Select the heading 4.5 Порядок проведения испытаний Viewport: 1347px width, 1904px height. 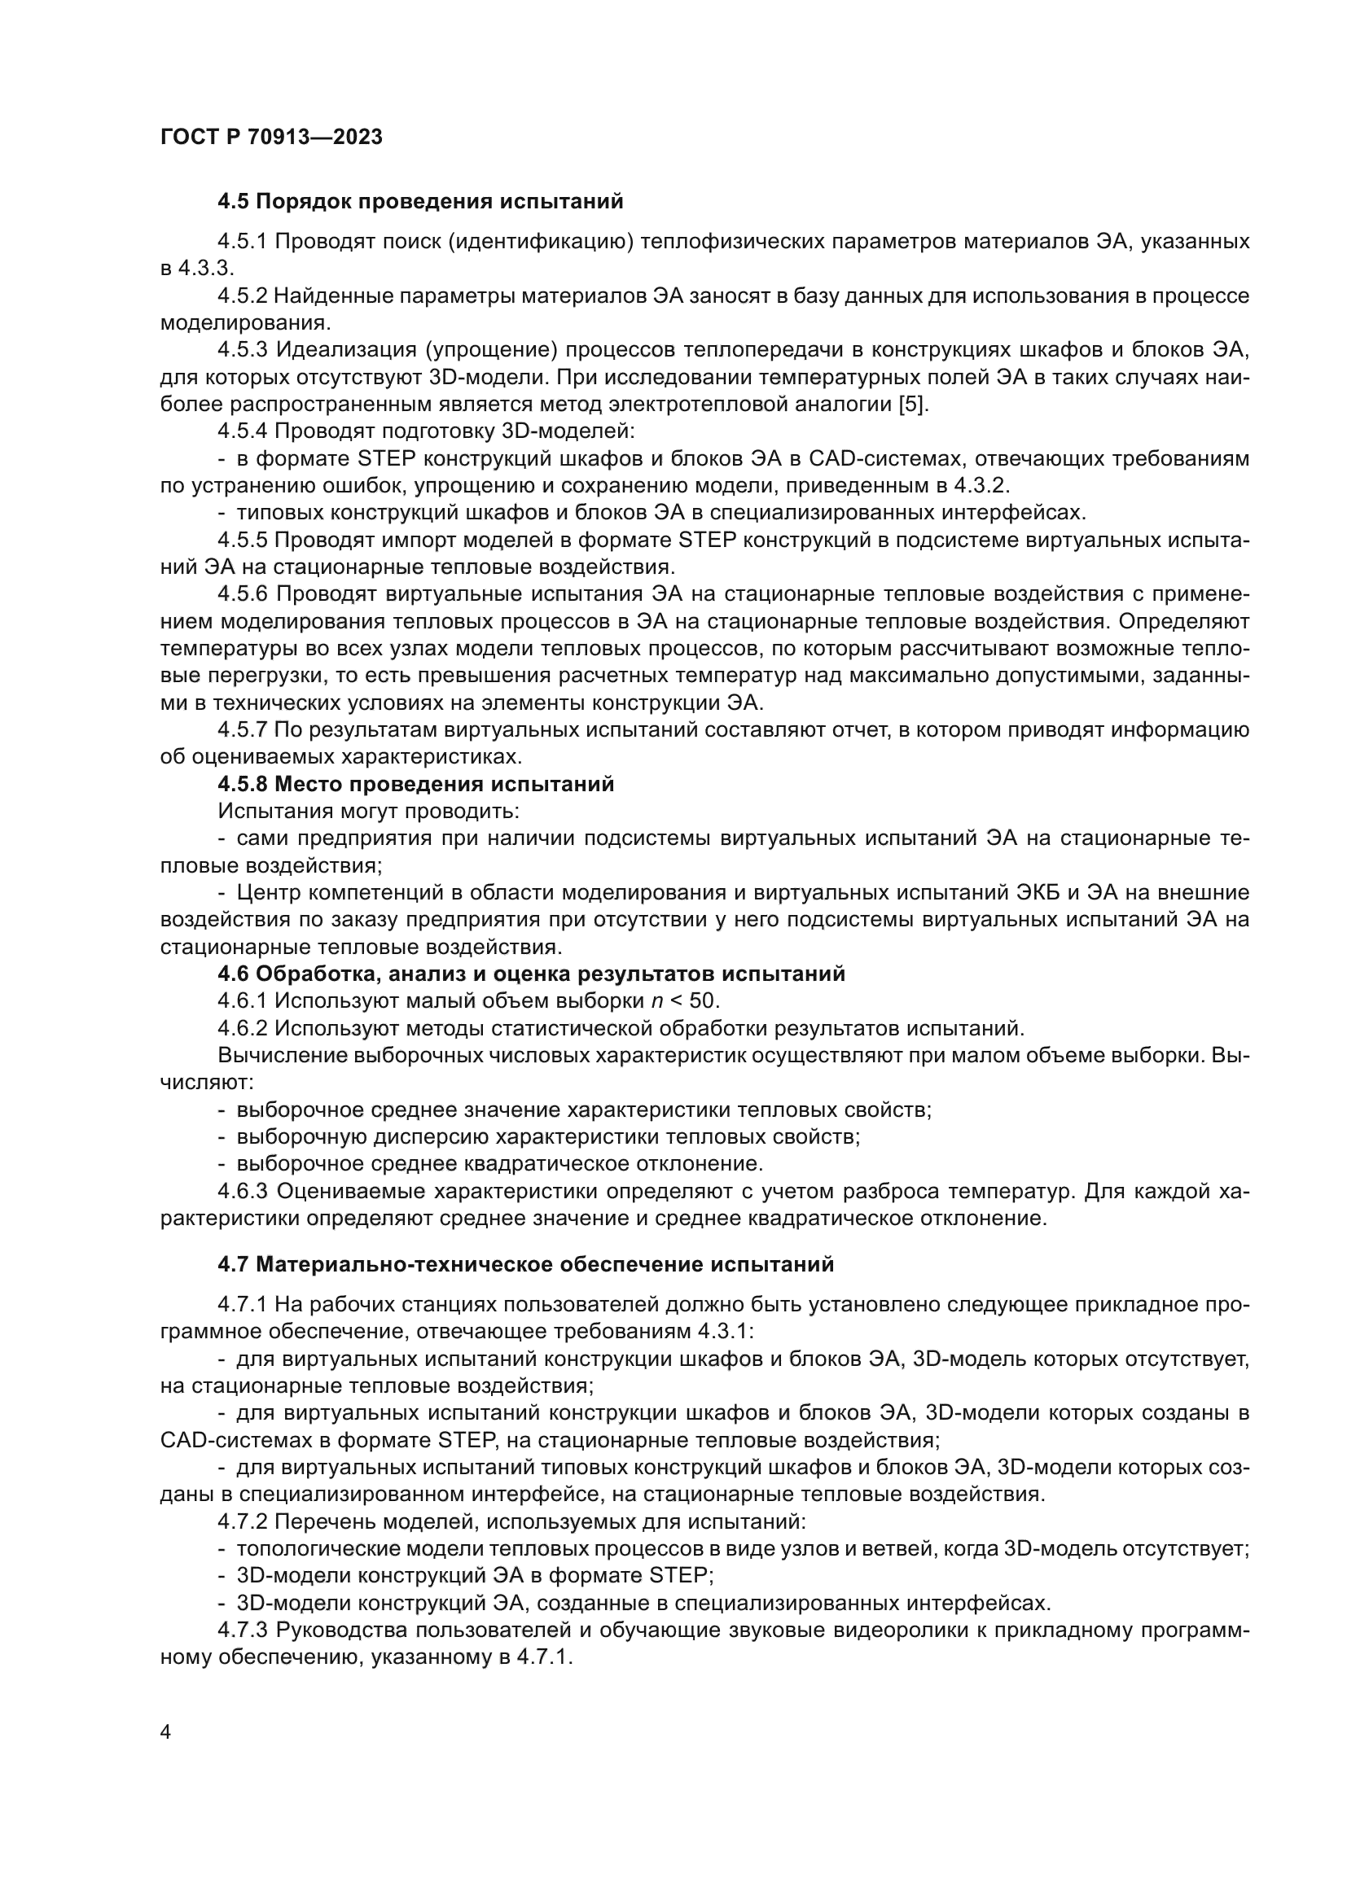[x=419, y=202]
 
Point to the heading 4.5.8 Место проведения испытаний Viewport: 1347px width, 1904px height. [x=415, y=784]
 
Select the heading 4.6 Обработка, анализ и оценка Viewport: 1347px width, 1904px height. [x=531, y=974]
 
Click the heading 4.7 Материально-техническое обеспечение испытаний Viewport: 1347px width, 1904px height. [x=526, y=1265]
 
